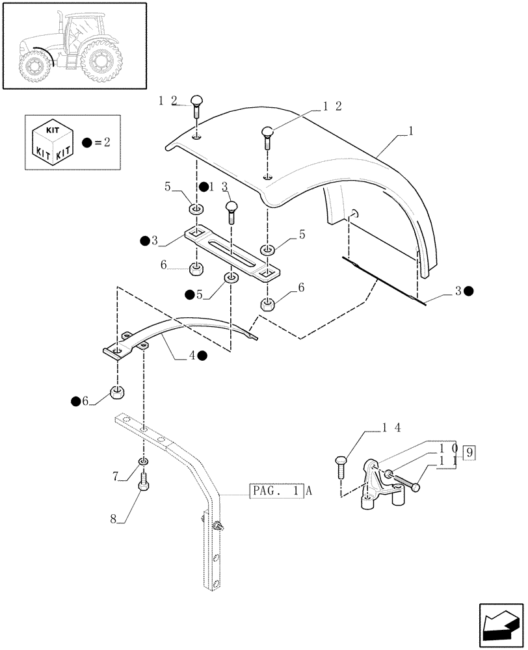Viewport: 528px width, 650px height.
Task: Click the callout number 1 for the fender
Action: (410, 131)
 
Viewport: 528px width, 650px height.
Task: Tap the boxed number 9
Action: (470, 451)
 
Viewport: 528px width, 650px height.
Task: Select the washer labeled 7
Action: (144, 461)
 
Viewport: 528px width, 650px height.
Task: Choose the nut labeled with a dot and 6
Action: (117, 392)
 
